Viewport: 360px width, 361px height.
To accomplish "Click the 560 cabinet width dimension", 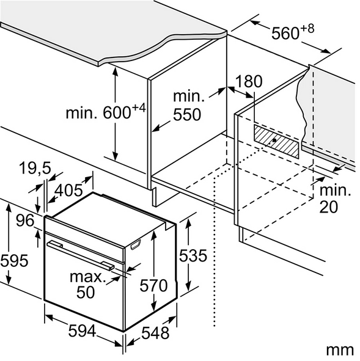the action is (285, 34).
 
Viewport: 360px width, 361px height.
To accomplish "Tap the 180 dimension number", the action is (249, 81).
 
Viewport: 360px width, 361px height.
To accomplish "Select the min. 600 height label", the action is (106, 112).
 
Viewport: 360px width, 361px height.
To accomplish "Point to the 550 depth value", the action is (187, 114).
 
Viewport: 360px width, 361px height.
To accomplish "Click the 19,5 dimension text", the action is (35, 168).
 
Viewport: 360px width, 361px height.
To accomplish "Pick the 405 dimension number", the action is (69, 191).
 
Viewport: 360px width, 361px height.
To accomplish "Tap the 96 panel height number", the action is (25, 221).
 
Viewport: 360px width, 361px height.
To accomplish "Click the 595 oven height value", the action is (14, 261).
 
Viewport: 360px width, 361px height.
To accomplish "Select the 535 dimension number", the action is (193, 255).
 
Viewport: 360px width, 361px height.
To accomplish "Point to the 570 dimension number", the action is (153, 285).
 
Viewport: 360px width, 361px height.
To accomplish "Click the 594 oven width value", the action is (82, 331).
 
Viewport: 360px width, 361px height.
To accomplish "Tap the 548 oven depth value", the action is (155, 333).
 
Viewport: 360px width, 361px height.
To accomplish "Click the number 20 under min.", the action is (328, 206).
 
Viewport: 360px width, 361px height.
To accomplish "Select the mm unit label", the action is (340, 350).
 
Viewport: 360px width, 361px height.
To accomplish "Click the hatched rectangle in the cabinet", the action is (276, 142).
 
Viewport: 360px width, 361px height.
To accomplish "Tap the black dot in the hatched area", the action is (274, 140).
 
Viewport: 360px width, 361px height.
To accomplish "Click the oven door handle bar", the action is (80, 254).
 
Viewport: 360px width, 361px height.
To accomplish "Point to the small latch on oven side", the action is (136, 245).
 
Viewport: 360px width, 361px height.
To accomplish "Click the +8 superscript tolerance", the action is (307, 29).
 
